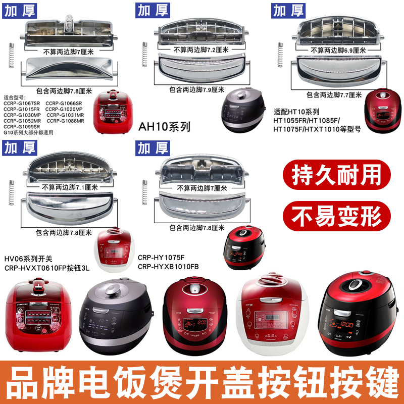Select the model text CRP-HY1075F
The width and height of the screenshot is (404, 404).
[x=163, y=257]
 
